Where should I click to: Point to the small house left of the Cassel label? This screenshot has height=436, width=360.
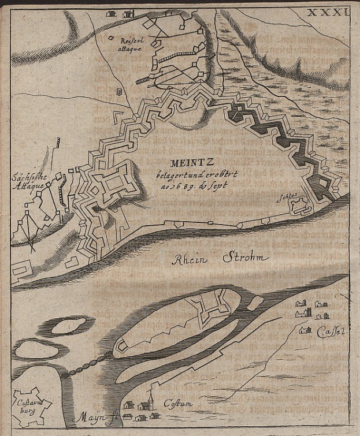[305, 330]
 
